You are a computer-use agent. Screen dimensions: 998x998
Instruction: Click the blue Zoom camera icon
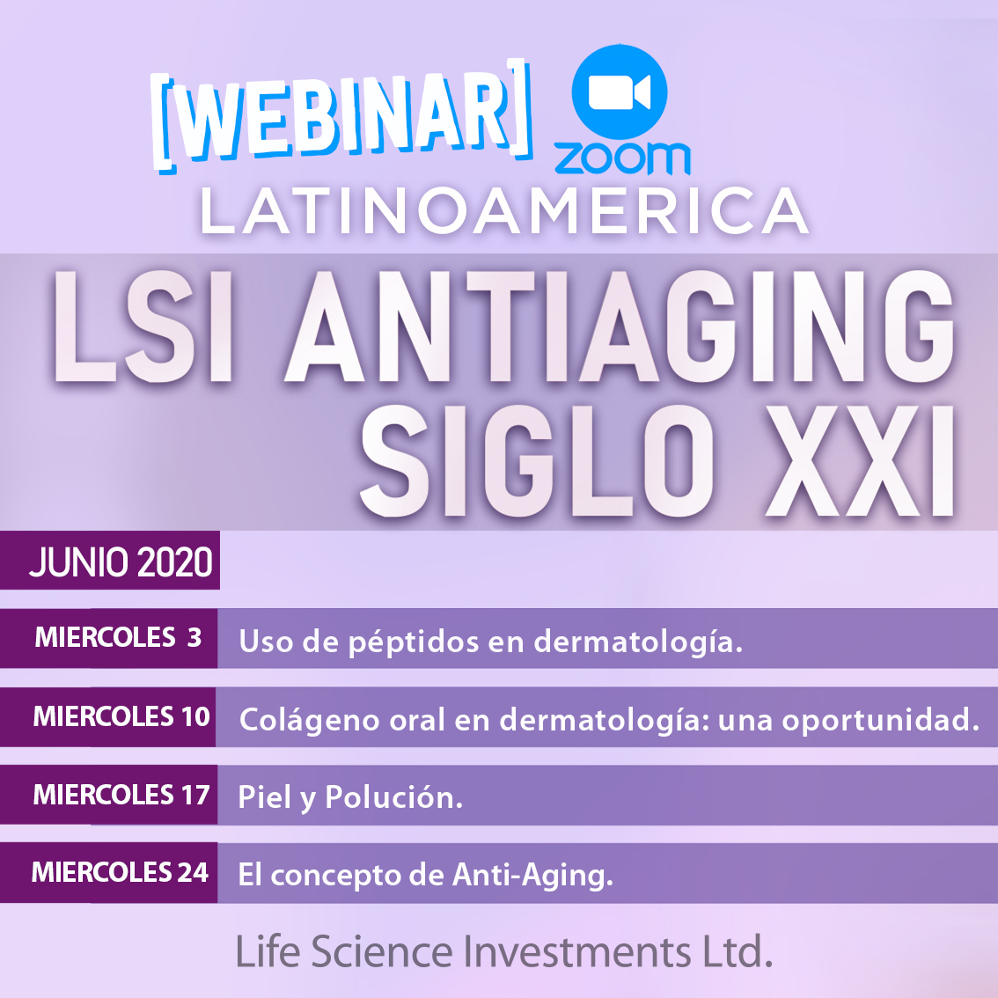620,92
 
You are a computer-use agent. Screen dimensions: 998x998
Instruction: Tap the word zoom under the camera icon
622,158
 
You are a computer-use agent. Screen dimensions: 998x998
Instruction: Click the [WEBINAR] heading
341,114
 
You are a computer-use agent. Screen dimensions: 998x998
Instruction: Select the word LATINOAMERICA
505,211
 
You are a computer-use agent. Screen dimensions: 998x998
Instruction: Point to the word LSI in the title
143,326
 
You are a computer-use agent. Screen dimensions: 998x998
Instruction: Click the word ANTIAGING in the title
621,326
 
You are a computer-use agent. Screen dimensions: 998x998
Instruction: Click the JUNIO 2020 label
121,562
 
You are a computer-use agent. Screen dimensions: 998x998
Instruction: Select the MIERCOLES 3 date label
118,638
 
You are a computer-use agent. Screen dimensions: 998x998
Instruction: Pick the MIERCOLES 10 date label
121,716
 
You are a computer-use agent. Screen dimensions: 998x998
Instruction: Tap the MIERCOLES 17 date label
121,795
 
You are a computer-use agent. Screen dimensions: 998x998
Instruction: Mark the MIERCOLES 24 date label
120,873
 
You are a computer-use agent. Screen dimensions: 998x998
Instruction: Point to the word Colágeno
309,721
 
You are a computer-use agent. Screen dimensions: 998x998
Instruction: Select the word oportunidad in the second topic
880,721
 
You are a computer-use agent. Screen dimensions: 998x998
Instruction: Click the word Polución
394,796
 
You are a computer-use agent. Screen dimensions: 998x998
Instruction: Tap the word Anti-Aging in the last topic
532,876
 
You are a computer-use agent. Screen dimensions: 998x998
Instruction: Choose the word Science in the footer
382,951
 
